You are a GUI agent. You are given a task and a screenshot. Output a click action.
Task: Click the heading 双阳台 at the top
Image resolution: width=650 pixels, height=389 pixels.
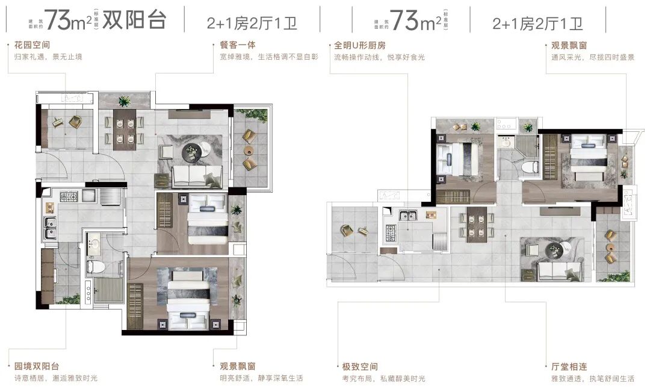[x=134, y=20]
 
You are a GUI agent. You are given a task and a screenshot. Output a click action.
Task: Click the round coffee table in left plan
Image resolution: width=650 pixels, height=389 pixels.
[x=193, y=151]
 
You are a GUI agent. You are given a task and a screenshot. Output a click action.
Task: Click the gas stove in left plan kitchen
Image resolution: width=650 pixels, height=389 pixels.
[x=69, y=196]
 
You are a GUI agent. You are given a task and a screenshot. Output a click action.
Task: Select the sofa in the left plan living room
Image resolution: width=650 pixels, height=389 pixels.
[x=189, y=176]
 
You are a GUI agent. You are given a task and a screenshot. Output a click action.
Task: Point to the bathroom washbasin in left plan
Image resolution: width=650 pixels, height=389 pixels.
[x=96, y=244]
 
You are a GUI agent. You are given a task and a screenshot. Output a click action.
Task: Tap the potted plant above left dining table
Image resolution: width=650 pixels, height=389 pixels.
[x=125, y=101]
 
